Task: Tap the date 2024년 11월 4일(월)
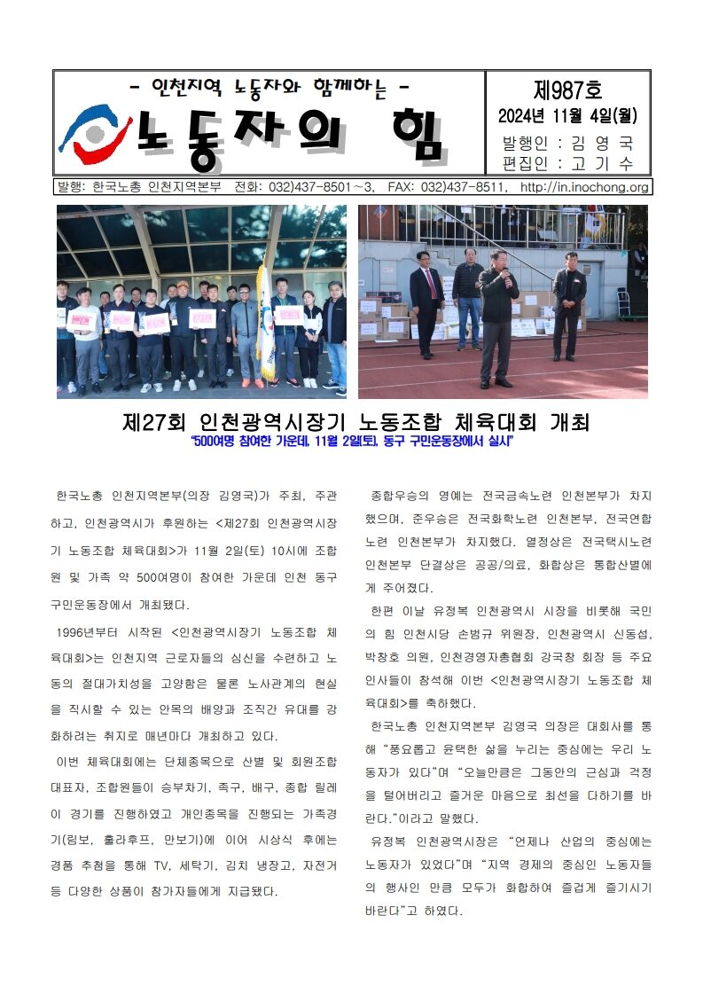pyautogui.click(x=567, y=115)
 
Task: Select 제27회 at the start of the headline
pyautogui.click(x=156, y=420)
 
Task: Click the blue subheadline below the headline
pyautogui.click(x=352, y=442)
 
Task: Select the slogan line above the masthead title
pyautogui.click(x=269, y=88)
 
